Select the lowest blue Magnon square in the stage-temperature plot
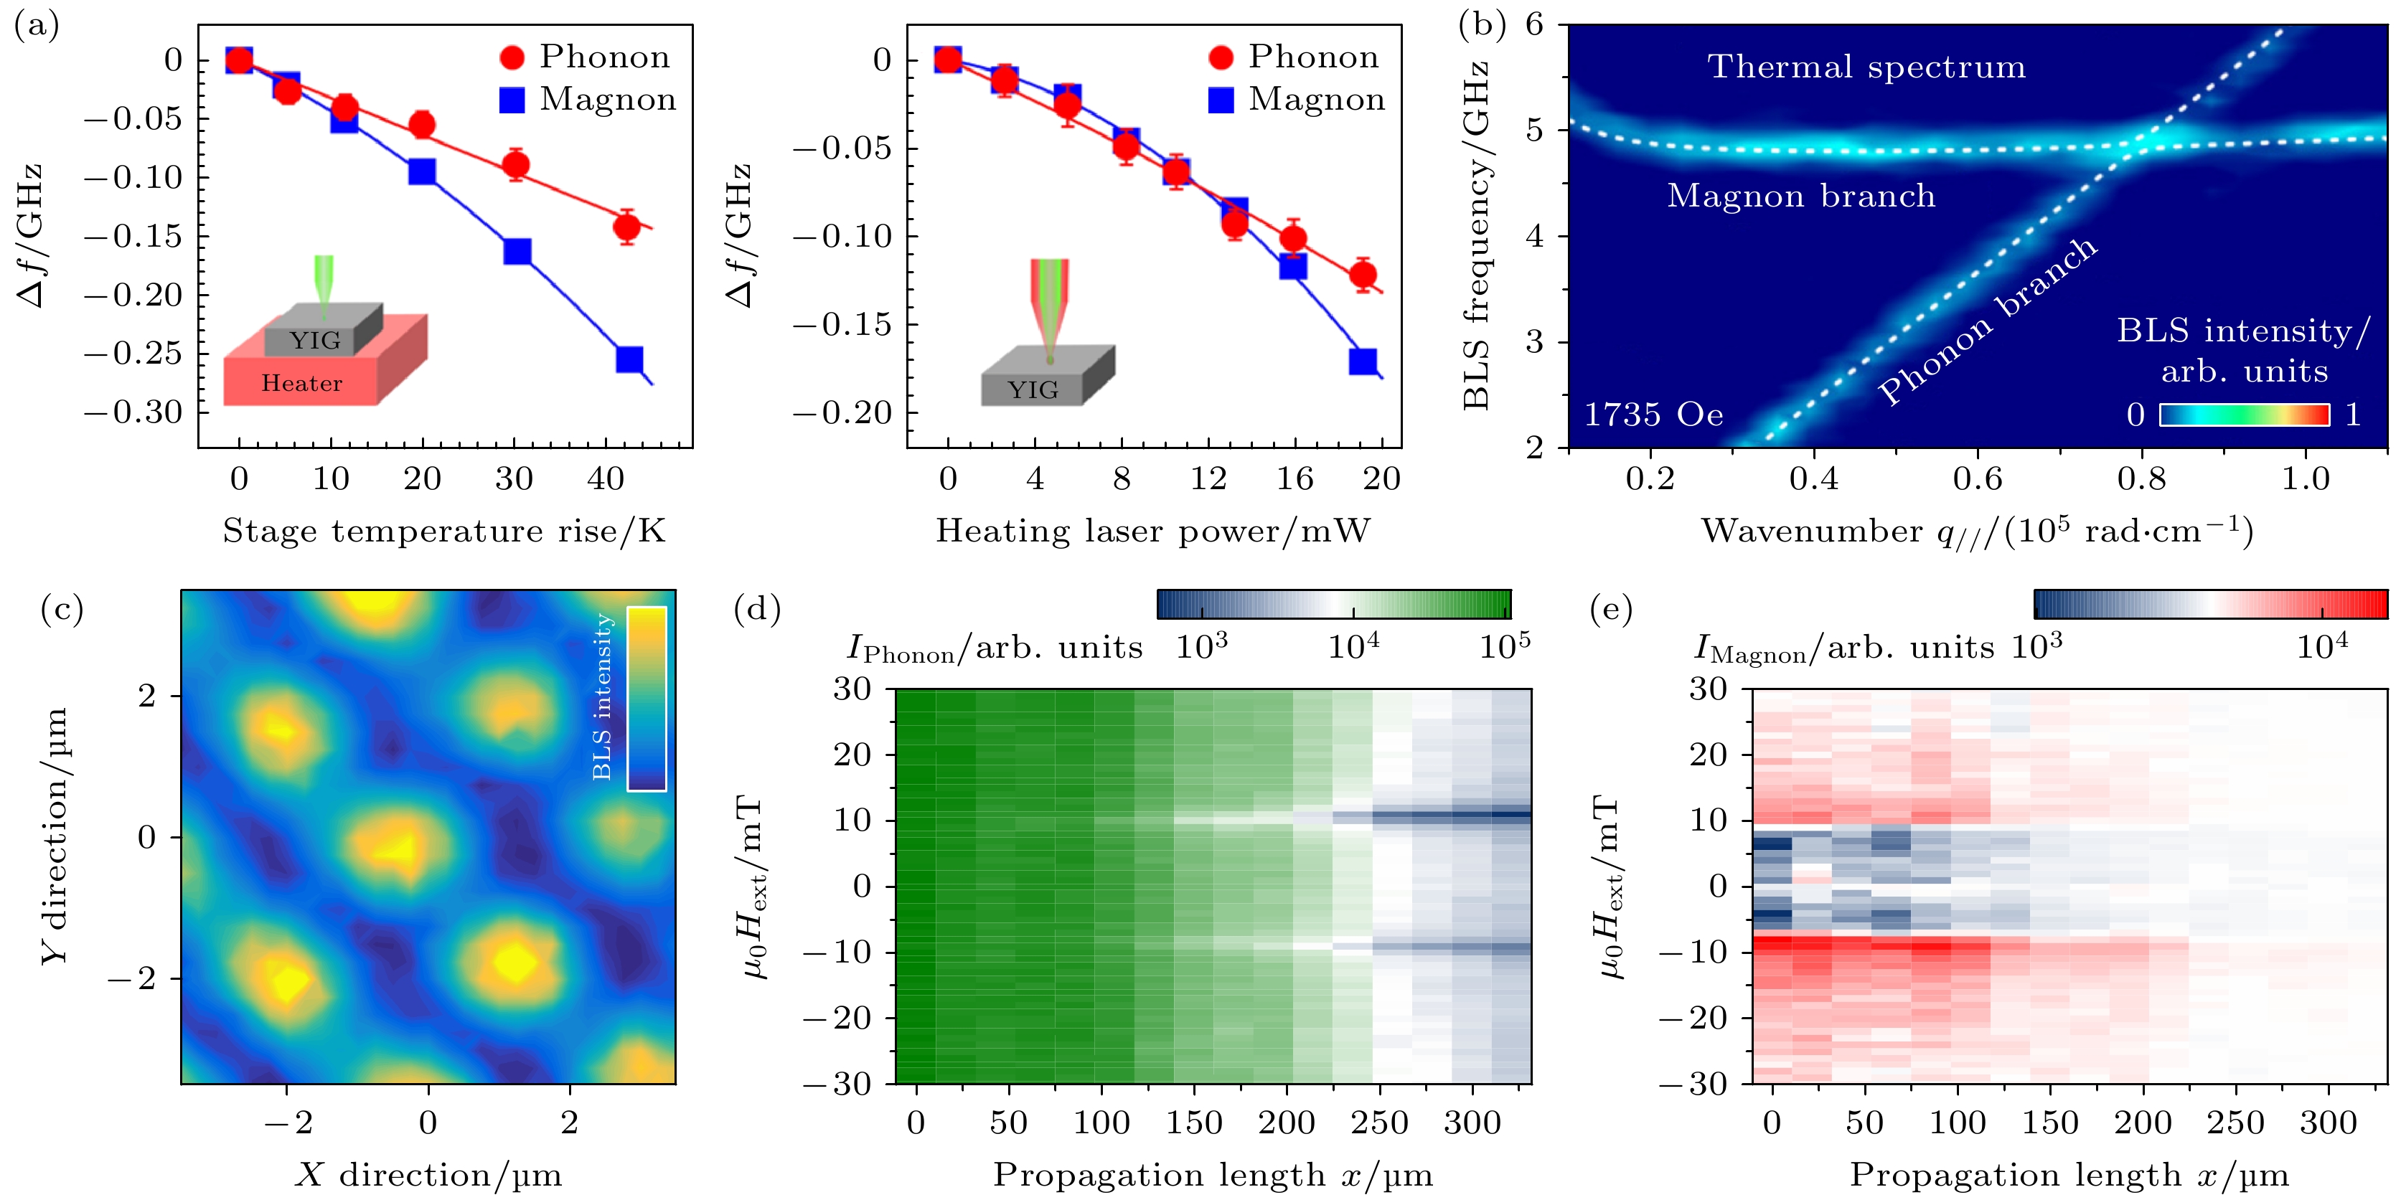(x=629, y=359)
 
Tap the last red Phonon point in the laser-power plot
(x=1363, y=275)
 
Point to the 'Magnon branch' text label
(x=1801, y=196)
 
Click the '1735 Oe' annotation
(x=1653, y=415)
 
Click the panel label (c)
(x=62, y=609)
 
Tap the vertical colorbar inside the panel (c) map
(x=646, y=698)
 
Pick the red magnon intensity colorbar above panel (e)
(x=2210, y=605)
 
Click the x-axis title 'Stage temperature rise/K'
(x=443, y=531)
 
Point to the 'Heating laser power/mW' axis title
(x=1153, y=531)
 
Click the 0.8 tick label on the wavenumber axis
(x=2141, y=479)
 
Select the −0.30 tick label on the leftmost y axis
(x=134, y=412)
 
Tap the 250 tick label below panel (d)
(x=1378, y=1123)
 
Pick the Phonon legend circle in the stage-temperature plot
(x=512, y=58)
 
